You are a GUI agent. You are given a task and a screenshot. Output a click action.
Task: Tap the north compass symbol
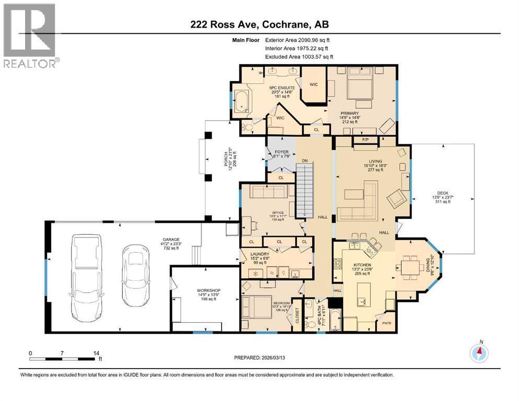[x=479, y=353]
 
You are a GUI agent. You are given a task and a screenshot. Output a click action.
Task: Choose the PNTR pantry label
[x=387, y=324]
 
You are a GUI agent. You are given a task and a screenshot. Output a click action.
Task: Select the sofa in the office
[x=268, y=192]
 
